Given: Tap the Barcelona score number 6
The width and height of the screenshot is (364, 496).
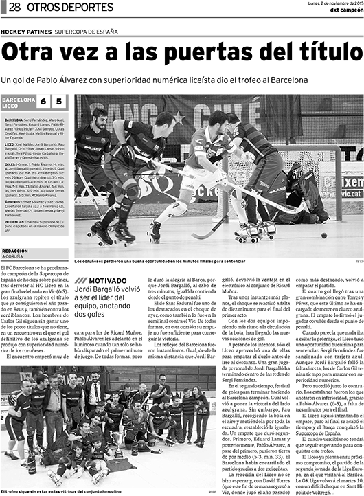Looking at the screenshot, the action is tap(43, 102).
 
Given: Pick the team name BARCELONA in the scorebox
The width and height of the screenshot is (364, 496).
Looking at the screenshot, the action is tap(19, 99).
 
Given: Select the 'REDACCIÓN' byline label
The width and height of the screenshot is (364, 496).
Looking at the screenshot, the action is tap(15, 251).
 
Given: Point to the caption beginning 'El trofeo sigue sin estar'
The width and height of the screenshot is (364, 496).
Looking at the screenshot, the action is tap(62, 491).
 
